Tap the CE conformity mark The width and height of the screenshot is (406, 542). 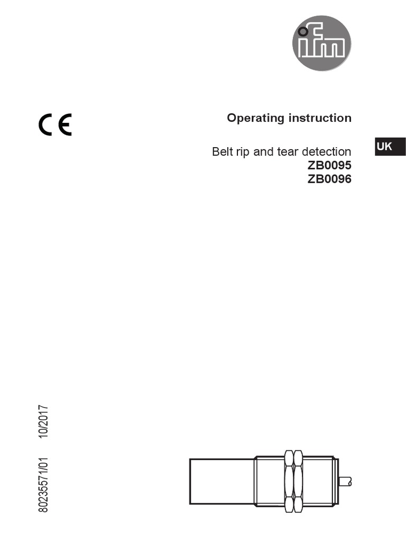coord(54,125)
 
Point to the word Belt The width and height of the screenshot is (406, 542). coord(222,152)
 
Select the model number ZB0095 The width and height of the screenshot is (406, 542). coord(329,165)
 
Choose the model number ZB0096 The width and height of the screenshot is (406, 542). coord(329,179)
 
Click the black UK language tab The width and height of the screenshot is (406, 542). coord(390,146)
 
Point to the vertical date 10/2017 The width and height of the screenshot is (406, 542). coord(43,421)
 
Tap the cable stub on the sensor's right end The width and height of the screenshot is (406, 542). coord(345,481)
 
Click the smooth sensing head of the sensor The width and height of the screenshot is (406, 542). coord(222,481)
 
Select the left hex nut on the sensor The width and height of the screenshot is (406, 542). coord(289,481)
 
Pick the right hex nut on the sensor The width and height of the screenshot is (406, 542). coord(299,481)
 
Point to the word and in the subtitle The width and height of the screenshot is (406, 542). coord(263,152)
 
